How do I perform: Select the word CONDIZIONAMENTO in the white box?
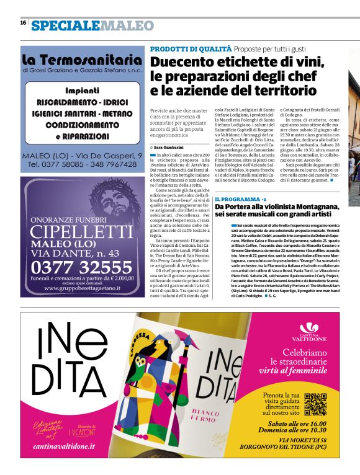tap(83, 124)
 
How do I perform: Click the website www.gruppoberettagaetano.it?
tap(81, 288)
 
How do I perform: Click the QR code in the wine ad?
tap(316, 404)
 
